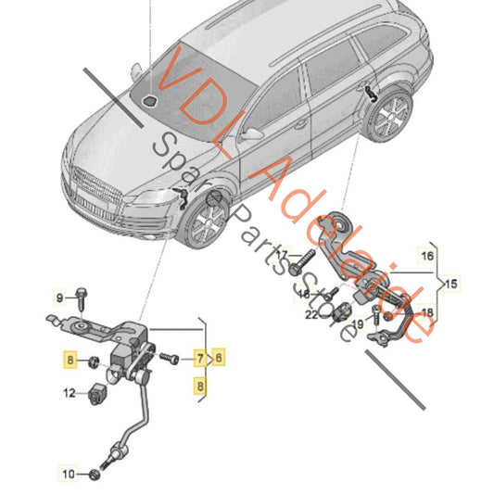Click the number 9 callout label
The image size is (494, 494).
(x=58, y=298)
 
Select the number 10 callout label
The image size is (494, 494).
(x=69, y=475)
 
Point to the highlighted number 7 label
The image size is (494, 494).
(x=198, y=357)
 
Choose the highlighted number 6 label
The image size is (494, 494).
(x=219, y=357)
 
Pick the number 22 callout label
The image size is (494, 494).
(x=313, y=315)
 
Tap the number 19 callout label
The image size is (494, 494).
(x=365, y=319)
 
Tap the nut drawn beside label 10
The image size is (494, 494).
(x=96, y=475)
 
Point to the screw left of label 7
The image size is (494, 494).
(x=171, y=357)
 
